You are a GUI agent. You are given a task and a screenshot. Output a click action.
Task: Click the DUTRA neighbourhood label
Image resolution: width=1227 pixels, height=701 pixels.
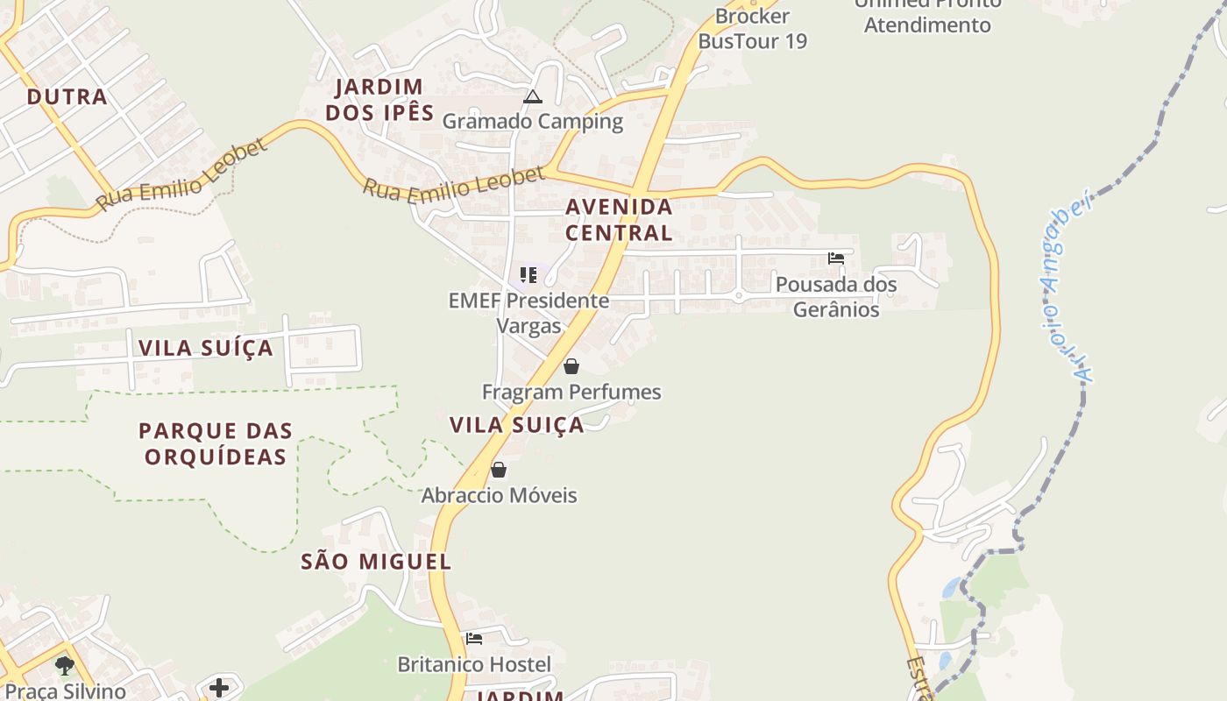point(67,96)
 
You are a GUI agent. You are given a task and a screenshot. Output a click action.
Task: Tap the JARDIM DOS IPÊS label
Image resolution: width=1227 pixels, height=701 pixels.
point(379,100)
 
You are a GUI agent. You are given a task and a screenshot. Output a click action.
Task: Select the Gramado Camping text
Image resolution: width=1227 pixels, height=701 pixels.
point(532,121)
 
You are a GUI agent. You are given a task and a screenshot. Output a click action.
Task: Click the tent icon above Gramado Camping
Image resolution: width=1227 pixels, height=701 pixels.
point(532,96)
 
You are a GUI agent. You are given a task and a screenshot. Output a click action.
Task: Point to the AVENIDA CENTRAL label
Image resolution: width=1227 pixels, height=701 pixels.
point(619,220)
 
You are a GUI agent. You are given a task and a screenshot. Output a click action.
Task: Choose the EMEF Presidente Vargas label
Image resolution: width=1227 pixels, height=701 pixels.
point(528,313)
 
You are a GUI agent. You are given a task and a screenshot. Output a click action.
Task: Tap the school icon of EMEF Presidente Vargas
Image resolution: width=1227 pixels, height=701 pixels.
point(528,275)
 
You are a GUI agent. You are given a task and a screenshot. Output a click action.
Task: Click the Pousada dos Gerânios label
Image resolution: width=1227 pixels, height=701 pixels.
point(836,296)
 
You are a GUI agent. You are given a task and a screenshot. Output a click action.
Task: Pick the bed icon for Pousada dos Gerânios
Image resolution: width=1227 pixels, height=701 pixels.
point(836,258)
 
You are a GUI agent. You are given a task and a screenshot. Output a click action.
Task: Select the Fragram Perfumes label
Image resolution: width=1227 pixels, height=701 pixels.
point(571,392)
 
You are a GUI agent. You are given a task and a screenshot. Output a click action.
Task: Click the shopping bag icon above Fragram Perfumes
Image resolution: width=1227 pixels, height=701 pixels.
point(571,366)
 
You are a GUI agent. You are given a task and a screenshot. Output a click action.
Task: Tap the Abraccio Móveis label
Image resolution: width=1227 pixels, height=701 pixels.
point(499,495)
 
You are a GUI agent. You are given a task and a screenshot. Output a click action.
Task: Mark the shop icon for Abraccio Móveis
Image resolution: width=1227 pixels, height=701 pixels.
point(499,471)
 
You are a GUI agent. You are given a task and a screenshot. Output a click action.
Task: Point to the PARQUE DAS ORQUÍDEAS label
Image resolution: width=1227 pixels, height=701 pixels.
point(216,443)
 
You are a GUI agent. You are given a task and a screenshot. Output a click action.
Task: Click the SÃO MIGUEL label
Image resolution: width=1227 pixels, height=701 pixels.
point(376,562)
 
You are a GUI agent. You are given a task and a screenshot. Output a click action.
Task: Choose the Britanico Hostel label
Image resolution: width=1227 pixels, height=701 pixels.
point(474,664)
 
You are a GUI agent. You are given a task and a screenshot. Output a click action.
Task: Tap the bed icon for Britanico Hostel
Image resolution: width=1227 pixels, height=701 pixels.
point(474,639)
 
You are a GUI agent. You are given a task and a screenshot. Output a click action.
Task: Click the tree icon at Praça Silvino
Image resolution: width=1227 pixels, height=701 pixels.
point(65,666)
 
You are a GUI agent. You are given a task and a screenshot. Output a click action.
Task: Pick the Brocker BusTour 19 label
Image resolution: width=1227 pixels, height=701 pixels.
point(752,28)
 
